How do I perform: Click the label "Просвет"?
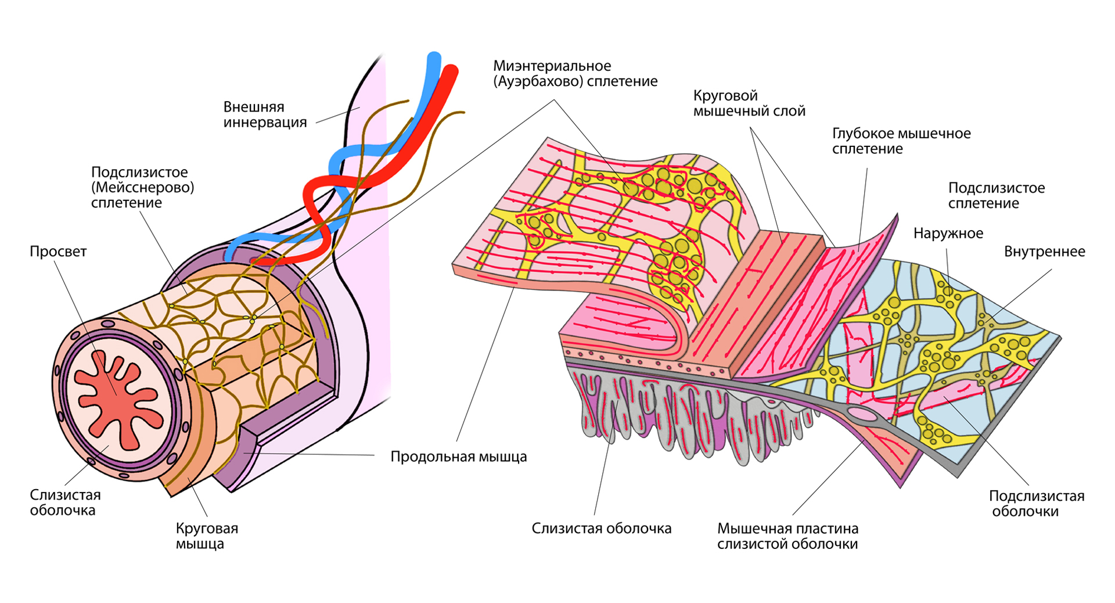[58, 252]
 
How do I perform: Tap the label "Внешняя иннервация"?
[265, 114]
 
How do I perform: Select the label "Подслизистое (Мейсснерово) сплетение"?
[142, 187]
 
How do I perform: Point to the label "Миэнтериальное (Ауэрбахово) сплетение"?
[575, 74]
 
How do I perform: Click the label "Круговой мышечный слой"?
[749, 103]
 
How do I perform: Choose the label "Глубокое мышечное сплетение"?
[901, 141]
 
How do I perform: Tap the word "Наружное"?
[948, 234]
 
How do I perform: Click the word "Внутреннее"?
[1044, 252]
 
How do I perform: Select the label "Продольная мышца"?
[458, 457]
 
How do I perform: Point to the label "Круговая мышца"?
[207, 536]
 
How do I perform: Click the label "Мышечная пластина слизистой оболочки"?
[787, 536]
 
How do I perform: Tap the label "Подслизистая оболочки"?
[1036, 504]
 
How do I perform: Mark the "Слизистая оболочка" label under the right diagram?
[601, 529]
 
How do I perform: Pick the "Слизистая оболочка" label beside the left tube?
[65, 502]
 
